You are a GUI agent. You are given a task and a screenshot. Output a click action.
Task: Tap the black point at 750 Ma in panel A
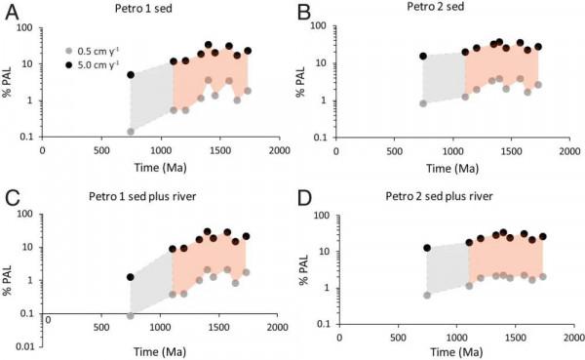[x=131, y=74]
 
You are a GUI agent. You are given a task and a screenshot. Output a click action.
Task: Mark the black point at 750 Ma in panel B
[x=423, y=57]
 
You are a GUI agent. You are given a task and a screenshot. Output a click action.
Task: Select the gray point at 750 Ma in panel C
[x=131, y=316]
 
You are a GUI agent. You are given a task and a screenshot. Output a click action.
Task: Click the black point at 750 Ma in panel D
[x=427, y=248]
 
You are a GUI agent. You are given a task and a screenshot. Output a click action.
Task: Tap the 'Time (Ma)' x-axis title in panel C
[x=160, y=350]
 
